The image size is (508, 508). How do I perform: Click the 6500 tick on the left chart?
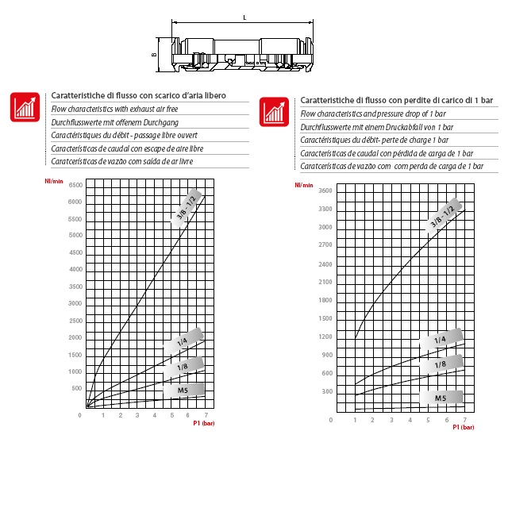pyautogui.click(x=75, y=185)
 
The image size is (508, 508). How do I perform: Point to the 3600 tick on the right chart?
pyautogui.click(x=325, y=190)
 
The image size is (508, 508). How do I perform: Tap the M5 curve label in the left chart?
pyautogui.click(x=183, y=390)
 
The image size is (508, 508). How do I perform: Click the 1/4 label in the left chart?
pyautogui.click(x=183, y=342)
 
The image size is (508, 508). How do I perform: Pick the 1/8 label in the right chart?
pyautogui.click(x=441, y=364)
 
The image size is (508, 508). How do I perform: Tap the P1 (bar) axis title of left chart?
pyautogui.click(x=204, y=424)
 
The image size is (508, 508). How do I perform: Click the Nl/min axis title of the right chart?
pyautogui.click(x=303, y=185)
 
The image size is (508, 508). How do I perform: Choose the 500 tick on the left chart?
pyautogui.click(x=77, y=389)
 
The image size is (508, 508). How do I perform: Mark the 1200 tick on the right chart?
pyautogui.click(x=325, y=337)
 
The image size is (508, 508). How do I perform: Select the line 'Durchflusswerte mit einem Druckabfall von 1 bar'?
pyautogui.click(x=377, y=127)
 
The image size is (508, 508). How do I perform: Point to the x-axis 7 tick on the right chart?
pyautogui.click(x=464, y=420)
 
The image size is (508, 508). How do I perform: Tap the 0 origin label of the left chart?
pyautogui.click(x=79, y=414)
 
